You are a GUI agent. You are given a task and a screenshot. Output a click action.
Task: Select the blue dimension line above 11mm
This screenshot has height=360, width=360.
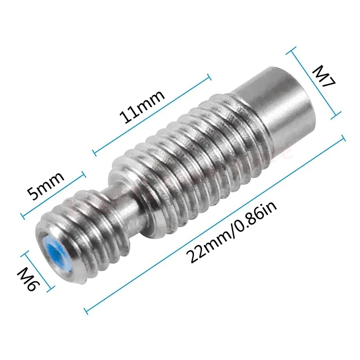(x=151, y=115)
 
